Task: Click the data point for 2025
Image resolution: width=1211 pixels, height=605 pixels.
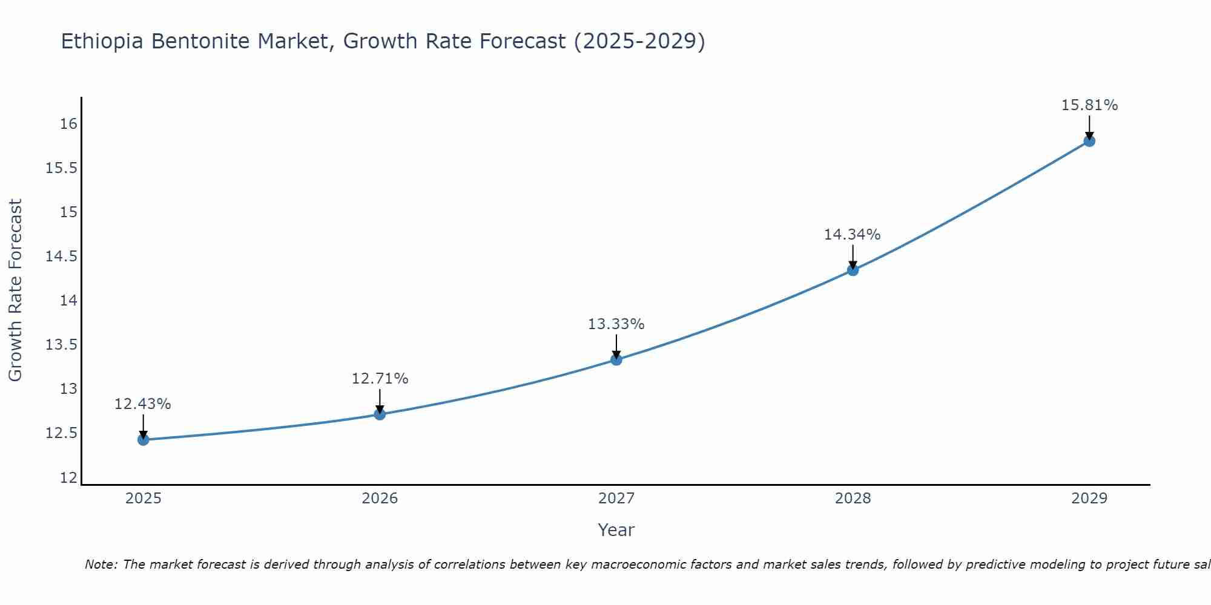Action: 143,440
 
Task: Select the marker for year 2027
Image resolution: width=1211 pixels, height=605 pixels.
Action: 616,359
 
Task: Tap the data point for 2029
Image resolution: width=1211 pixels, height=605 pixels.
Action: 1089,141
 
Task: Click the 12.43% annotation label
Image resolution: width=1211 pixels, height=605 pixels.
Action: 143,404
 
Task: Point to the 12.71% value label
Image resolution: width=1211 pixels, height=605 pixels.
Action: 380,379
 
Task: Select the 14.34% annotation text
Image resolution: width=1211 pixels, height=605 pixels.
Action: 852,235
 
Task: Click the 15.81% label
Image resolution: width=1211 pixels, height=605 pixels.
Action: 1089,105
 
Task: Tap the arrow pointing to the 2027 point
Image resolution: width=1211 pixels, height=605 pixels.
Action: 616,347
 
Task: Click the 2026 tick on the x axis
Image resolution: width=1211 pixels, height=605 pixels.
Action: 380,499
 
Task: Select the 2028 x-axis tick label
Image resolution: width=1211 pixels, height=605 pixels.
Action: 853,499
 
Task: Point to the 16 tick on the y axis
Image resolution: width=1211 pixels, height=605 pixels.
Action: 69,124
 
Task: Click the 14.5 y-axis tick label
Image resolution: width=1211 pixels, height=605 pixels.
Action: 62,257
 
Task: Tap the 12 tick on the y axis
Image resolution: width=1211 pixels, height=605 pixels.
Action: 69,478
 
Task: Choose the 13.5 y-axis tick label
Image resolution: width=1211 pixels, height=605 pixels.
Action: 62,345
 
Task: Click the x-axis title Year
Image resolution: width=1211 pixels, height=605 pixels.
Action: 616,530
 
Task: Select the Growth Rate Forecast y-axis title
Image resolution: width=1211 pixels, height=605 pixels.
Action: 15,290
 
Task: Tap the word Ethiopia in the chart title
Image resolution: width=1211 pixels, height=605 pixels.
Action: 102,41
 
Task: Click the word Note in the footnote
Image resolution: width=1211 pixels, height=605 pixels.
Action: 101,564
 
